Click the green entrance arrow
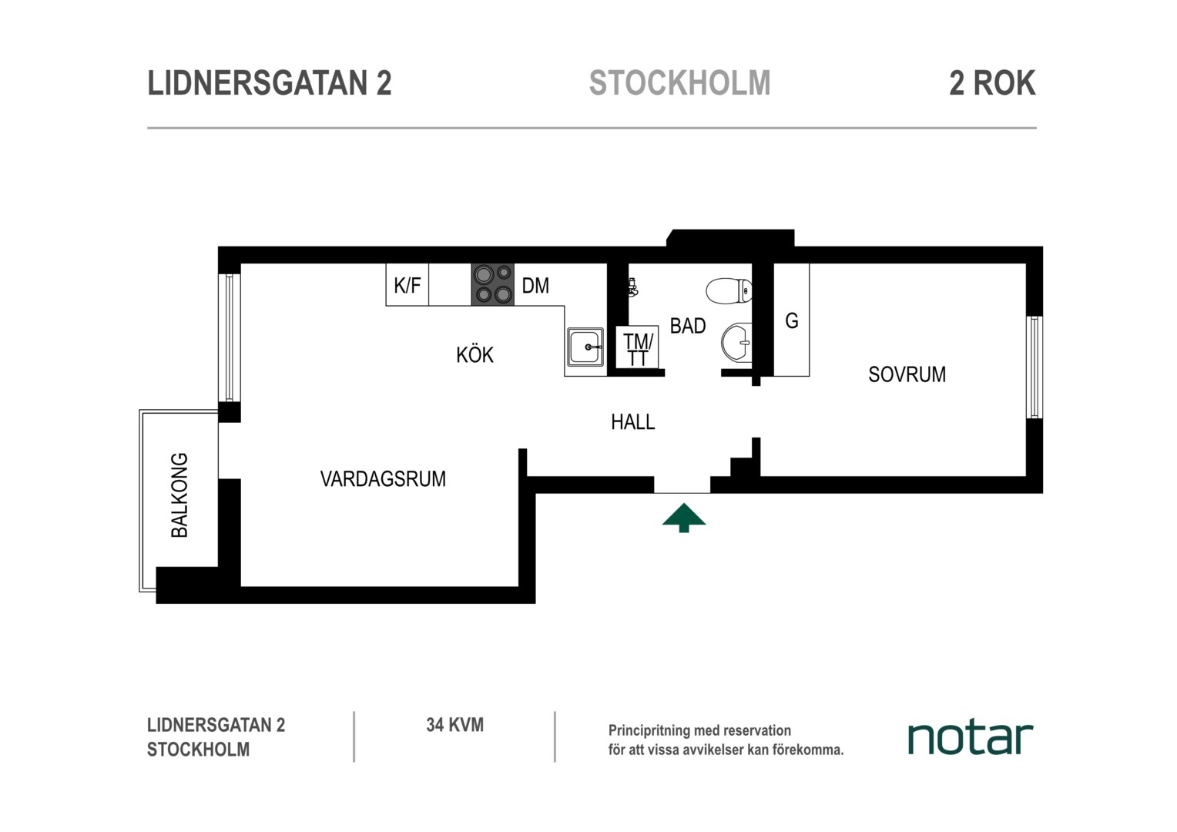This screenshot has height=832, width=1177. point(683,518)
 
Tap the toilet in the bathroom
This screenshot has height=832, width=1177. point(729,290)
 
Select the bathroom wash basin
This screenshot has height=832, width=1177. point(736,342)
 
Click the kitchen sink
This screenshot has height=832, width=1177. point(585,347)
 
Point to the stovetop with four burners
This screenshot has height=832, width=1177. point(492,284)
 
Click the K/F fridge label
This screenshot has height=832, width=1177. point(407,285)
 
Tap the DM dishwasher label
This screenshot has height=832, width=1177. point(535,285)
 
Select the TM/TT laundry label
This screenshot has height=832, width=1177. point(638,350)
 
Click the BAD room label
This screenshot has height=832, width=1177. point(687,326)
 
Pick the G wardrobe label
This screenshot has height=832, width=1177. point(791,320)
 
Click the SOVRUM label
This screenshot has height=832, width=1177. point(907,374)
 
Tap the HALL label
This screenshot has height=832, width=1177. point(632,422)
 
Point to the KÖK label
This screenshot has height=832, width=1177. point(474,354)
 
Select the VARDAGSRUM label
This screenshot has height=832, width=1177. point(383,479)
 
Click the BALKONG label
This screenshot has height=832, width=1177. point(179,495)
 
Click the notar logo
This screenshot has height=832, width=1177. point(971,739)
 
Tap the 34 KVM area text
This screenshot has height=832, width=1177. point(454,725)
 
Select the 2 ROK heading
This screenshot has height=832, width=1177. point(992,83)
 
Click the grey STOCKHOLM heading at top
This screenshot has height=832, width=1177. point(679,83)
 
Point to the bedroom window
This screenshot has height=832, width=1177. point(1034,367)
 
